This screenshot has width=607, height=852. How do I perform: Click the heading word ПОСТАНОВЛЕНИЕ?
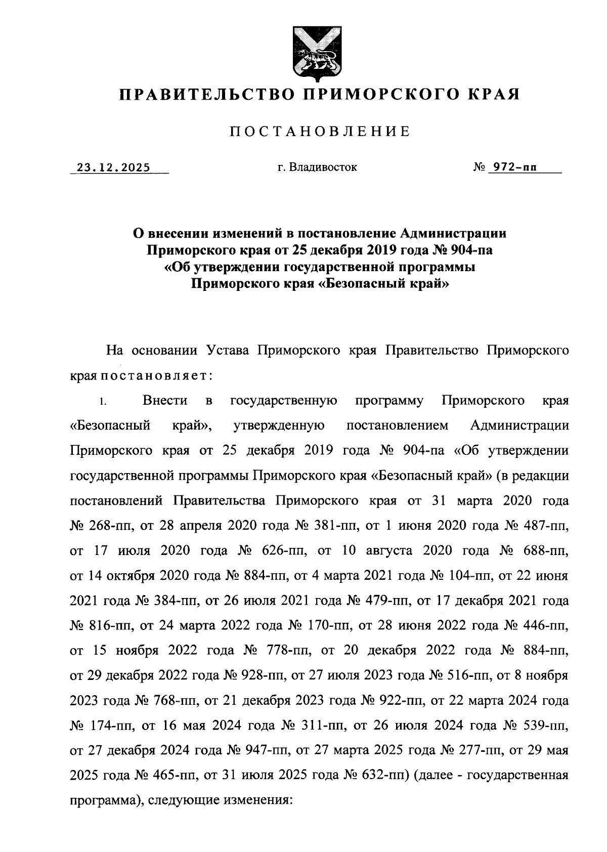[x=320, y=132]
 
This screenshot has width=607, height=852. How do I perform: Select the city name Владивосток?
[x=324, y=167]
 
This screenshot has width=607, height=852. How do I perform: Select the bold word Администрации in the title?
[x=452, y=234]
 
